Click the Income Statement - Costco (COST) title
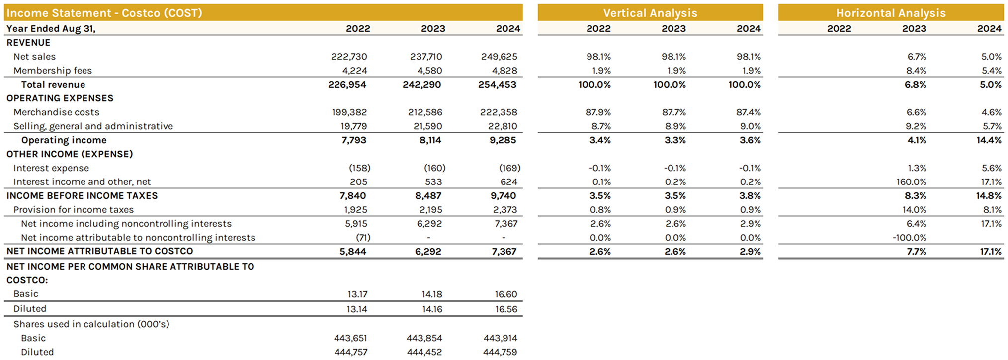104,13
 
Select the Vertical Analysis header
650,13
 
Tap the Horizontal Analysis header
890,13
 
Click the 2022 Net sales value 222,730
349,57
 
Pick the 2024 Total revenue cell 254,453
497,85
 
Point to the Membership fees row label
53,71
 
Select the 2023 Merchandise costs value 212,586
425,112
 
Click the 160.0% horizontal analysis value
911,182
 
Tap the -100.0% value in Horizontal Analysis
909,238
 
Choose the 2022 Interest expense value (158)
359,168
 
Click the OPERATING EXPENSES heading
60,98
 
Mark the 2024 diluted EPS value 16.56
505,309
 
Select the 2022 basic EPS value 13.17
357,294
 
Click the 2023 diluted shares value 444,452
424,352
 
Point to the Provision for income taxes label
74,210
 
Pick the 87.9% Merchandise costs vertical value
598,112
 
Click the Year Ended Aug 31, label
51,28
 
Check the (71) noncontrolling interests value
363,238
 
